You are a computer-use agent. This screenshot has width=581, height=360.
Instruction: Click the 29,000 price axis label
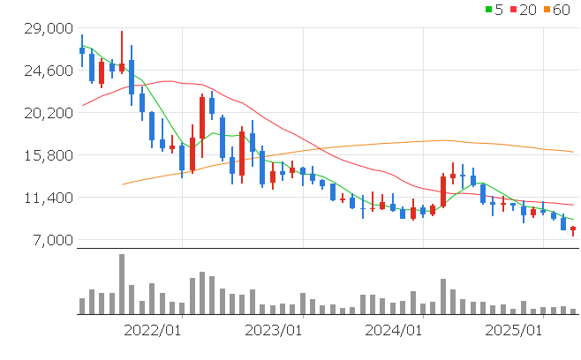point(47,28)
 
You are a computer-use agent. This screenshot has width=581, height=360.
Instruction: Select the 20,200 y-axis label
point(47,113)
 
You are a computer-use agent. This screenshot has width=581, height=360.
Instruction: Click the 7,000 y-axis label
point(50,240)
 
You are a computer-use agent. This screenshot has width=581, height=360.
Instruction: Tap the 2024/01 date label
point(392,330)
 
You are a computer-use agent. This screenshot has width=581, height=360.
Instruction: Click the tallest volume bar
point(122,284)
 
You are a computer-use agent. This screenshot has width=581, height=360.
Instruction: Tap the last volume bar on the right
point(573,311)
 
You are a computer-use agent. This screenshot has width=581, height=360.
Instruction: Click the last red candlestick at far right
point(573,229)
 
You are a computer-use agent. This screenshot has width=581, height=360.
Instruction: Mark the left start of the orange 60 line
point(122,184)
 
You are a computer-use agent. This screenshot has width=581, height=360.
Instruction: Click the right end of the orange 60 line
point(574,152)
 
